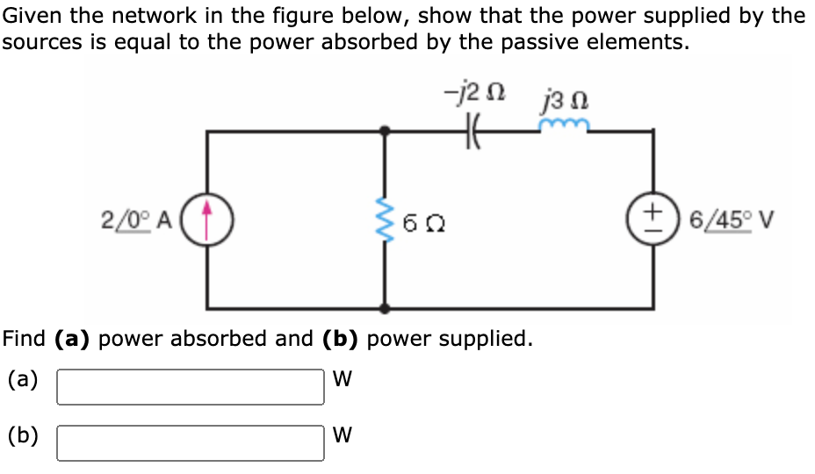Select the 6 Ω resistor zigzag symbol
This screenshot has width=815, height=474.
pos(384,219)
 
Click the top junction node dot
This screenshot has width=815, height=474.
pos(384,133)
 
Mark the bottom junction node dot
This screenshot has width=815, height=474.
pos(384,308)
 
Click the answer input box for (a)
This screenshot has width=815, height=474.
pos(191,386)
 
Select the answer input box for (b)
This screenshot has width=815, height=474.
pos(191,442)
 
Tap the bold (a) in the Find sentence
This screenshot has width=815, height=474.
pos(75,338)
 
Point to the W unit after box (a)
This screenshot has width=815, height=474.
pos(343,380)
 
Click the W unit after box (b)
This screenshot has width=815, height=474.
pos(343,436)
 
